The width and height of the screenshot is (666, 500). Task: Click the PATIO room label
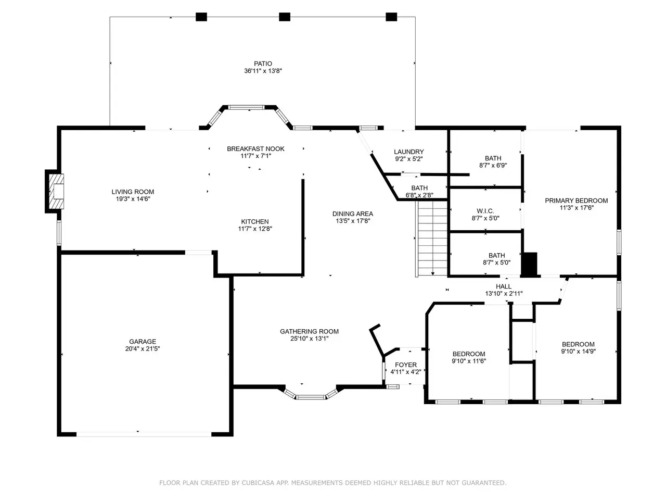pos(263,64)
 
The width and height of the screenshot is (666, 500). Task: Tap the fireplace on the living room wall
pos(55,191)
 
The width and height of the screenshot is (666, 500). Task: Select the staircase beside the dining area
pos(431,239)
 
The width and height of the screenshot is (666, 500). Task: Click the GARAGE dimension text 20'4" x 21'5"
pos(142,349)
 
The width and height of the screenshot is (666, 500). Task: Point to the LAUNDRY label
pos(408,152)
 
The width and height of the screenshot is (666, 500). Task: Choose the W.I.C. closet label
pos(485,211)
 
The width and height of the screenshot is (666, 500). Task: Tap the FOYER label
pos(406,365)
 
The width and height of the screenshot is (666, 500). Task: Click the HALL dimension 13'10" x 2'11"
pos(504,294)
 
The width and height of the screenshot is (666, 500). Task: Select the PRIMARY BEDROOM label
pos(576,201)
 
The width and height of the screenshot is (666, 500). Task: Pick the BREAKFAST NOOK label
pos(255,149)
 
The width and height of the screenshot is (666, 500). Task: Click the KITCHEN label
pos(255,222)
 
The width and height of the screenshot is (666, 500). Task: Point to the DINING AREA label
pos(353,214)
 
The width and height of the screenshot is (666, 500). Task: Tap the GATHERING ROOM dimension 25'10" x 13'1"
pos(309,339)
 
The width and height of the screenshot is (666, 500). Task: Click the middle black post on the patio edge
pos(284,17)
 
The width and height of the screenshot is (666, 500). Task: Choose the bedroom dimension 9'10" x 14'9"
pos(578,351)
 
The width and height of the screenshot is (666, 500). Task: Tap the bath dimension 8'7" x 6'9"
pos(493,166)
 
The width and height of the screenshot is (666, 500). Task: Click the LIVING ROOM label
pos(133,192)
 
